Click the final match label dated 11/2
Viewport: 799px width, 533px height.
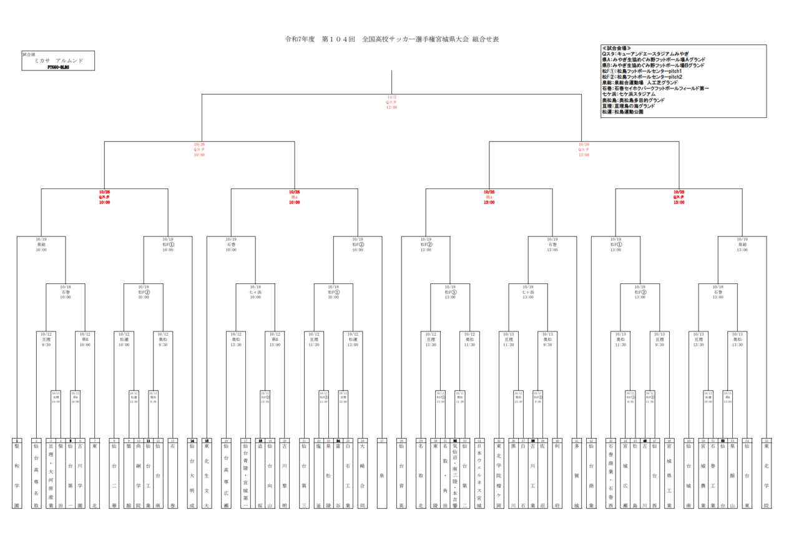[391, 102]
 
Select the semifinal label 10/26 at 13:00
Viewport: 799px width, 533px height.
[584, 149]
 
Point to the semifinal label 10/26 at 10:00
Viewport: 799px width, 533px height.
[199, 149]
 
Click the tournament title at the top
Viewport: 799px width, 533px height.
[391, 39]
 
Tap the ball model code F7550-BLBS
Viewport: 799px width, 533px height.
[58, 66]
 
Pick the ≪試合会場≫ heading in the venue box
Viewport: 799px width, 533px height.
[617, 48]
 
